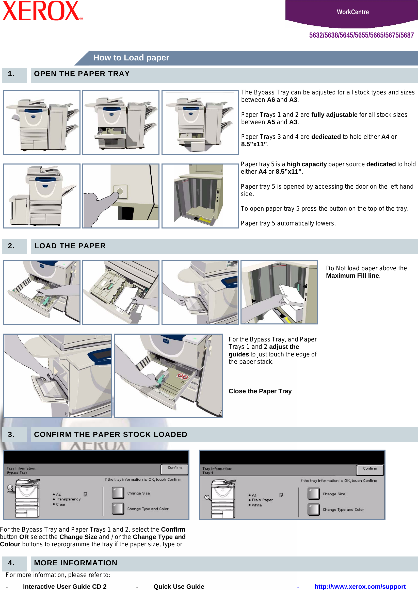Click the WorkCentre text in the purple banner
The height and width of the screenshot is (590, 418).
click(x=352, y=12)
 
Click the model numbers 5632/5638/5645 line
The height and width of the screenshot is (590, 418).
click(x=361, y=35)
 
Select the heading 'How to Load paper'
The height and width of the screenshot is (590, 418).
click(x=131, y=58)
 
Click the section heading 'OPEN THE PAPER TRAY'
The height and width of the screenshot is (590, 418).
click(x=82, y=74)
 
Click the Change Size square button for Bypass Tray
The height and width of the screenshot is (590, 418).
click(x=118, y=493)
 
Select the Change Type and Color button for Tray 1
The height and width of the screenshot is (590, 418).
click(x=313, y=510)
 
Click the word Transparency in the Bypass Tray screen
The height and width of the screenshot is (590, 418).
click(x=68, y=499)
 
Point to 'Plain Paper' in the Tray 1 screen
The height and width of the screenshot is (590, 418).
click(x=262, y=500)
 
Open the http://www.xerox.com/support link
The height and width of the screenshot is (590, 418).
click(x=360, y=586)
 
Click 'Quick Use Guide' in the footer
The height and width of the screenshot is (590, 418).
click(x=179, y=586)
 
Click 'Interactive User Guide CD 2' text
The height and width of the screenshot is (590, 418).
click(x=65, y=586)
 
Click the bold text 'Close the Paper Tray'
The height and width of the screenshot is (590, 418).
click(x=260, y=391)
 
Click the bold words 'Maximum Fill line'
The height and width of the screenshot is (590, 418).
click(x=352, y=275)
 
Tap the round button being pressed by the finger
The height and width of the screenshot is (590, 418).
click(x=120, y=191)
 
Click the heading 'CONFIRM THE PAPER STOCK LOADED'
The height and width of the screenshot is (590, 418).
click(x=110, y=434)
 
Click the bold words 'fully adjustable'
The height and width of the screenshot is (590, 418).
click(x=334, y=115)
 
